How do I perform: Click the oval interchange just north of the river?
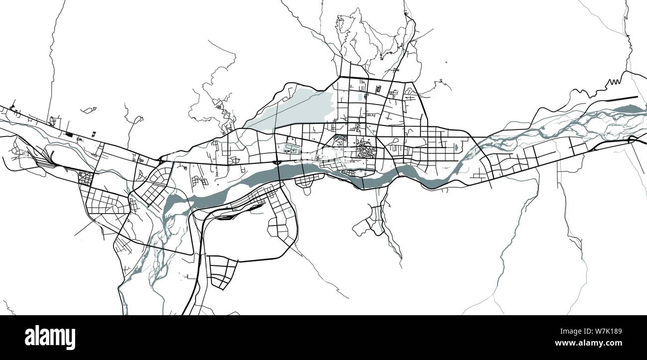pos(277,162)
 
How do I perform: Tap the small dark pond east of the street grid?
pos(455,147)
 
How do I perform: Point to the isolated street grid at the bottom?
pos(221,271)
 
